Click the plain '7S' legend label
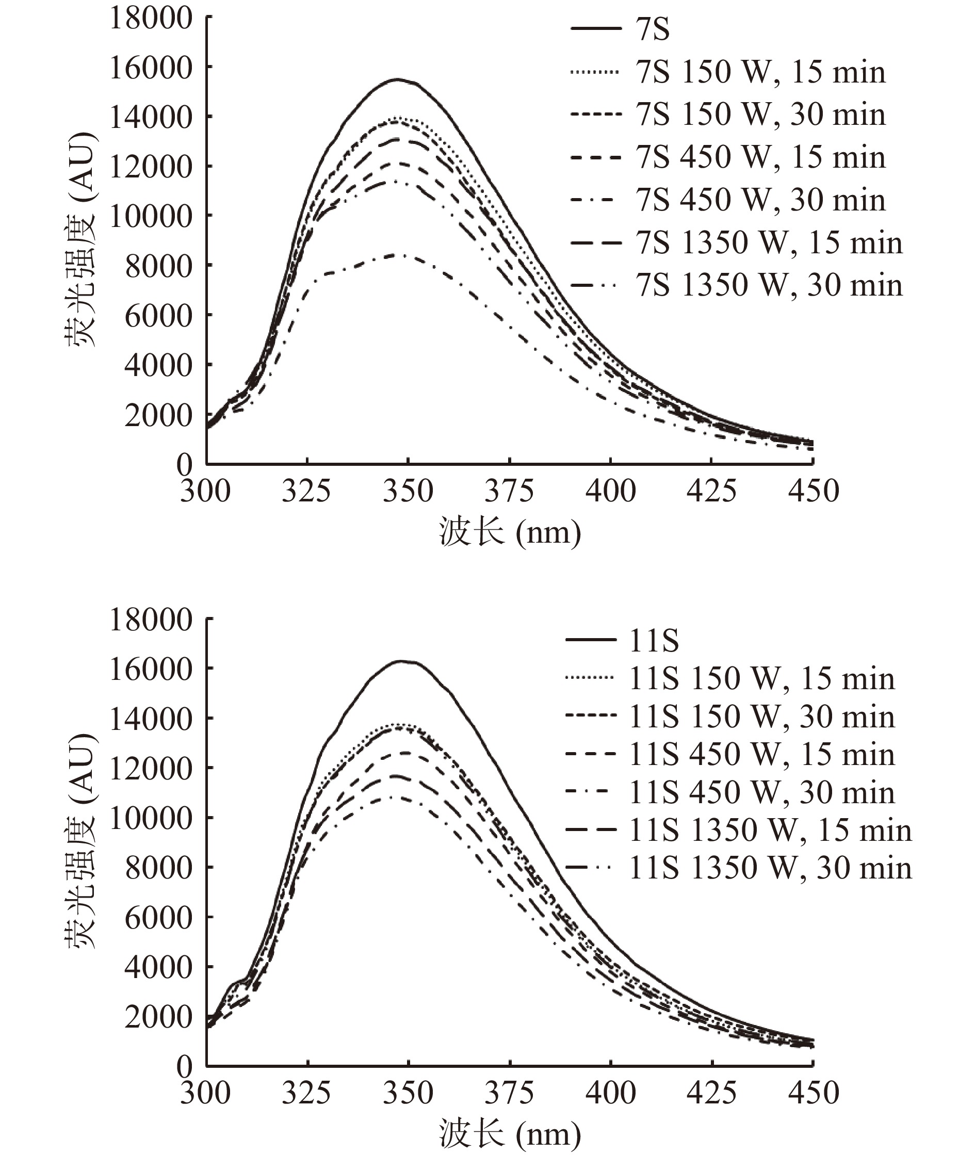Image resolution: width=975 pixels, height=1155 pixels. pos(653,29)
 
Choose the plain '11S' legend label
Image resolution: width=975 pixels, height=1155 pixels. pos(653,641)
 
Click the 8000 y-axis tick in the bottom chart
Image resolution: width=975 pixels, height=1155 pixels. pos(158,868)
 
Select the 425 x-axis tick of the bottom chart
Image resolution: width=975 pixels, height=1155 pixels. pos(711,1093)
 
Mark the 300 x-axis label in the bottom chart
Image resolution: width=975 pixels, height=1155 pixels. pos(205,1093)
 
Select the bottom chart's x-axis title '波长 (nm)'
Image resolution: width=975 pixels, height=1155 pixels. pos(510,1134)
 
